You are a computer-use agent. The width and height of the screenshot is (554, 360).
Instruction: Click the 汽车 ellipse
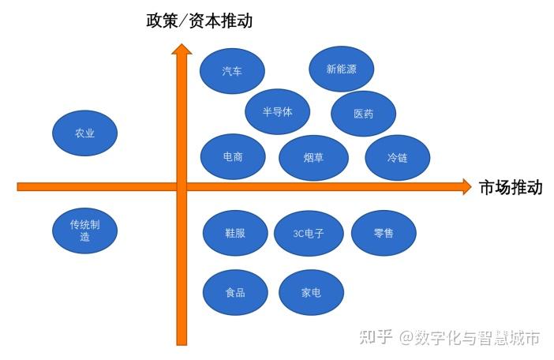pos(232,71)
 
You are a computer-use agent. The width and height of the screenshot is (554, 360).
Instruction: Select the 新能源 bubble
pos(341,69)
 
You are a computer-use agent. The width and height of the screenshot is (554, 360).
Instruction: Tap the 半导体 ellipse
pos(277,111)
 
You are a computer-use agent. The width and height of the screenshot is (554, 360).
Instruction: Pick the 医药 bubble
pos(363,114)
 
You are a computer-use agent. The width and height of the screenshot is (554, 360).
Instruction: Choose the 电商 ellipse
pos(233,156)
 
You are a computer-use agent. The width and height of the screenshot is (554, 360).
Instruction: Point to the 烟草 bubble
pos(313,157)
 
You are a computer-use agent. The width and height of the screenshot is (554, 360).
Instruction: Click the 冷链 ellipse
pos(397,157)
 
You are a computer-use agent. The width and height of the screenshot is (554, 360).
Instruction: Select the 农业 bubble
pos(84,133)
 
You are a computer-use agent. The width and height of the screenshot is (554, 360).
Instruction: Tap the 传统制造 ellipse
pos(84,231)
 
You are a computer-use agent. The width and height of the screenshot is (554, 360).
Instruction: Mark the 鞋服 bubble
pos(235,233)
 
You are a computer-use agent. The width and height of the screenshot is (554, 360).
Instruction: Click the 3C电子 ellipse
pos(308,234)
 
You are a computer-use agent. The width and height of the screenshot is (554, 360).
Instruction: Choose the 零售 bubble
pos(384,233)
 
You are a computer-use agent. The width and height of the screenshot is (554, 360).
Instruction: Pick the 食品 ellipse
pos(234,292)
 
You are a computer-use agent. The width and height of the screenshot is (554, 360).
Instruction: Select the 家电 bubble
pos(311,292)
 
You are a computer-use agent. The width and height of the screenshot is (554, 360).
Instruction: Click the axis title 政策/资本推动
pos(200,21)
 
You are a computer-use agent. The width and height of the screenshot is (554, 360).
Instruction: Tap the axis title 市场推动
pos(511,187)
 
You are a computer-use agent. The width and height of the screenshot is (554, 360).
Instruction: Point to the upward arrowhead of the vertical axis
pos(182,49)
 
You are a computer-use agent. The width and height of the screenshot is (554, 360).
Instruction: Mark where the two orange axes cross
pos(182,186)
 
